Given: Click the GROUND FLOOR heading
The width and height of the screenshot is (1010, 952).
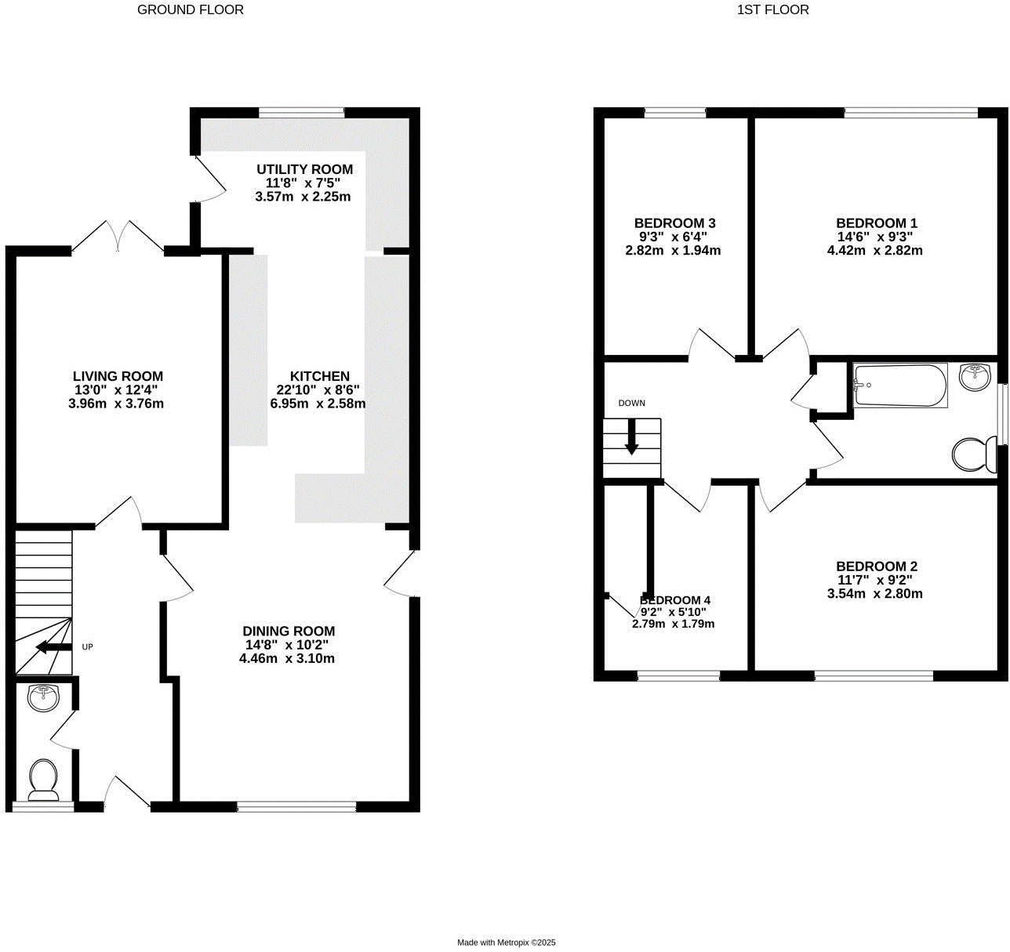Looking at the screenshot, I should pyautogui.click(x=191, y=10).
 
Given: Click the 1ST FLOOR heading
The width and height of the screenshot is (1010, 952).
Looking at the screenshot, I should pyautogui.click(x=772, y=10).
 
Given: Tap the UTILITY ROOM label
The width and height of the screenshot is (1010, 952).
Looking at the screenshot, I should pyautogui.click(x=304, y=169).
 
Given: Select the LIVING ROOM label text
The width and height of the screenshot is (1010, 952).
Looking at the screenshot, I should pyautogui.click(x=118, y=377).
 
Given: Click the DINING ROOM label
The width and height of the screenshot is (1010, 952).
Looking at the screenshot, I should pyautogui.click(x=288, y=632).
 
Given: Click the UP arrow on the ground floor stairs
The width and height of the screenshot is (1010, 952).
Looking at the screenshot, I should pyautogui.click(x=52, y=647).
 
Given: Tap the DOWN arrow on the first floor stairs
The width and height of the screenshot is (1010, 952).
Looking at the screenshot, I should pyautogui.click(x=631, y=443).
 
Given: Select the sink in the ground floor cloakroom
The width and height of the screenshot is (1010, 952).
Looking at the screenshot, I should pyautogui.click(x=43, y=697).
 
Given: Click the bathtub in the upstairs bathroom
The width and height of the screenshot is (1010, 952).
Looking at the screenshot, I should pyautogui.click(x=900, y=385).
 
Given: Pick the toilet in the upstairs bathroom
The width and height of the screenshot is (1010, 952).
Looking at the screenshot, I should pyautogui.click(x=974, y=454).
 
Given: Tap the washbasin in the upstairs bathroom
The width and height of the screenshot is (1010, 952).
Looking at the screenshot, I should pyautogui.click(x=975, y=377).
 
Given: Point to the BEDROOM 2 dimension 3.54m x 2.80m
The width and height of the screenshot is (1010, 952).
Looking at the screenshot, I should pyautogui.click(x=874, y=594).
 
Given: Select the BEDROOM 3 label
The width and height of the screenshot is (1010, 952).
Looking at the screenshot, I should pyautogui.click(x=674, y=223).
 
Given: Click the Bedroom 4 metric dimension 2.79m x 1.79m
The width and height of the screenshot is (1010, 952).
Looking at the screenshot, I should pyautogui.click(x=673, y=624).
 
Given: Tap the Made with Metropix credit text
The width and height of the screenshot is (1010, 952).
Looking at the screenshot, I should pyautogui.click(x=506, y=943).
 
